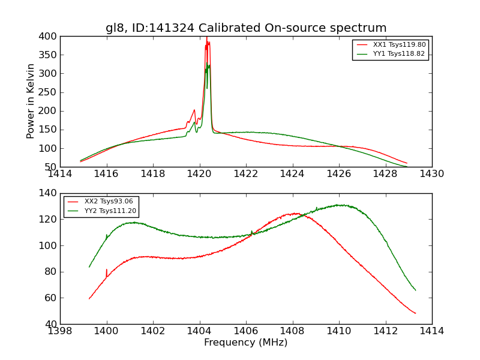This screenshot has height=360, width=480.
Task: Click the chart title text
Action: pos(246,28)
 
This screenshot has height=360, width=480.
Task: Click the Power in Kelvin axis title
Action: pos(31,101)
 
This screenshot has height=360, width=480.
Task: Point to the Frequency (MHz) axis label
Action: pos(246,343)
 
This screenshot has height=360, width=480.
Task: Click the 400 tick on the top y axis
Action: pos(49,37)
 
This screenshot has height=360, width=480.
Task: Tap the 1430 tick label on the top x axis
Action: pos(432,174)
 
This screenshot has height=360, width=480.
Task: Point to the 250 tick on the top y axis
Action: pos(49,92)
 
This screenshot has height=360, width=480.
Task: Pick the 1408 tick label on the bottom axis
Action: pos(292,331)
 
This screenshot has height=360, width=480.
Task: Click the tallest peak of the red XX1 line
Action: pos(206,38)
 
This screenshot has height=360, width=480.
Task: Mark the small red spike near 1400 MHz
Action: pos(107,270)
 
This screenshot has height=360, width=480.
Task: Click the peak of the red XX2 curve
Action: pos(293,213)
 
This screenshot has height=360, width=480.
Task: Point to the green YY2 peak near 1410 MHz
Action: pos(340,205)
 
